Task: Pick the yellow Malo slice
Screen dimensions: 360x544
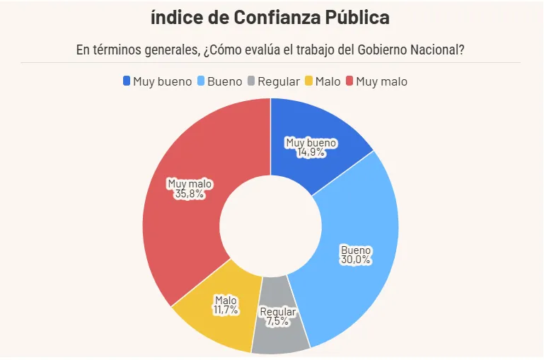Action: pyautogui.click(x=212, y=311)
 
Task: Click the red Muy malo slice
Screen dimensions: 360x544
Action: pyautogui.click(x=191, y=212)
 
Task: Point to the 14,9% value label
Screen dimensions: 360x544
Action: pyautogui.click(x=311, y=152)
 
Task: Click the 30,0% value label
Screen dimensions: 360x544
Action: pyautogui.click(x=356, y=260)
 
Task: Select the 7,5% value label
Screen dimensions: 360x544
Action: pyautogui.click(x=278, y=321)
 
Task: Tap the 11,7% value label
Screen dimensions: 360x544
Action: pyautogui.click(x=226, y=310)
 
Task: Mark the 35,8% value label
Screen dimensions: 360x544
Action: pyautogui.click(x=189, y=194)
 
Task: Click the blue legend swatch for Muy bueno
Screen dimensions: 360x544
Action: pyautogui.click(x=127, y=81)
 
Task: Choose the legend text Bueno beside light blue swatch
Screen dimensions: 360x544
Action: pyautogui.click(x=224, y=81)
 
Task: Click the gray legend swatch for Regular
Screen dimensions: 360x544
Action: pyautogui.click(x=251, y=81)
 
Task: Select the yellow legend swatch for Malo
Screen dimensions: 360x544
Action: pyautogui.click(x=308, y=81)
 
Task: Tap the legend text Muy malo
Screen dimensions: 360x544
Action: pyautogui.click(x=382, y=81)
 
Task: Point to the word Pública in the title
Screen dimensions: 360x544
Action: pyautogui.click(x=356, y=17)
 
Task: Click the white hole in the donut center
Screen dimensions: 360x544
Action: pyautogui.click(x=270, y=225)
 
